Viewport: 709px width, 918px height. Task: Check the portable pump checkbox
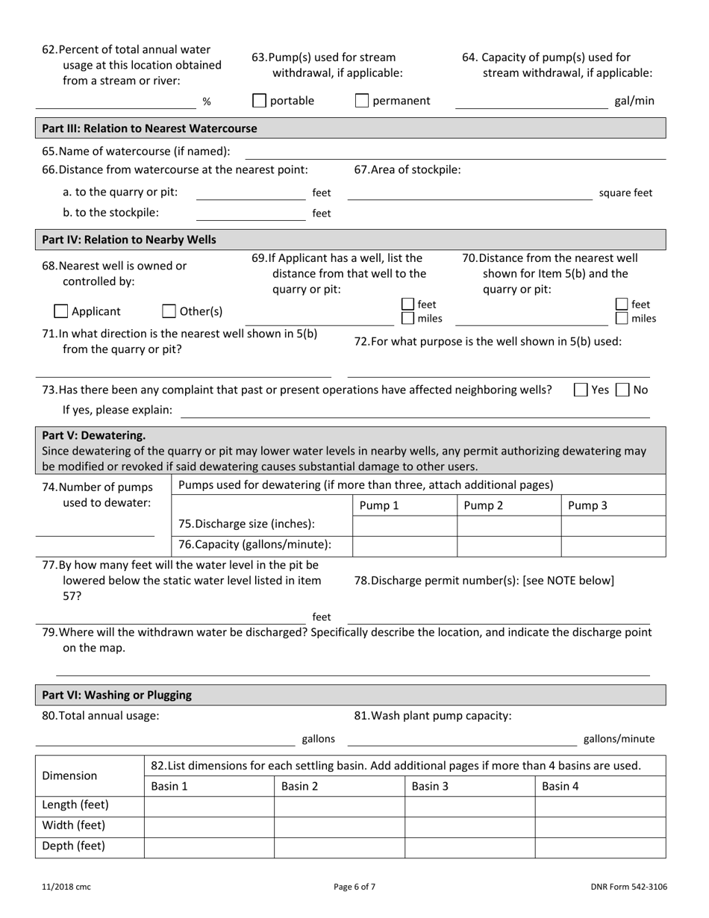point(259,101)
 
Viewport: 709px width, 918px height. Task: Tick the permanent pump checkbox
point(362,101)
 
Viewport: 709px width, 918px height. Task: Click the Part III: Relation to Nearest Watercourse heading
point(150,128)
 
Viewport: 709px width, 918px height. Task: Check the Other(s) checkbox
point(169,311)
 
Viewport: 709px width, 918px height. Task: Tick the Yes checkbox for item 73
point(581,390)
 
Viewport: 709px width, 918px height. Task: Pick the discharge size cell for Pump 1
point(404,525)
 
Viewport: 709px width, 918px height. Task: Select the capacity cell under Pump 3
point(613,546)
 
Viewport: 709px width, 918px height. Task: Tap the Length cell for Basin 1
point(209,805)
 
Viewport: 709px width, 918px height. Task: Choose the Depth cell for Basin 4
point(600,846)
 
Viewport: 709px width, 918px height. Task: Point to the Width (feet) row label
point(74,825)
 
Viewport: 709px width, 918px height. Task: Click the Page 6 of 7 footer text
point(354,887)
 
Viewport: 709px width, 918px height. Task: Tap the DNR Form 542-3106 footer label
point(627,887)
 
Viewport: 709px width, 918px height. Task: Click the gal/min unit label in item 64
point(634,101)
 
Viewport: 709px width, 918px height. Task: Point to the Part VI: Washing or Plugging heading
point(117,695)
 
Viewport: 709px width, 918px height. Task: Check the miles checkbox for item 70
point(622,319)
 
